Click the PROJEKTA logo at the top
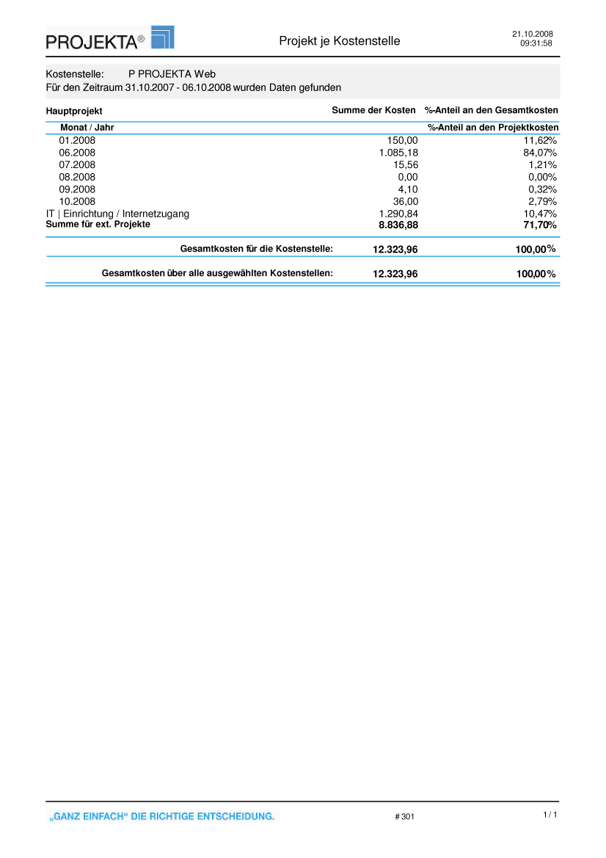point(109,38)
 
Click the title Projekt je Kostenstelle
point(339,41)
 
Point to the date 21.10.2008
point(532,34)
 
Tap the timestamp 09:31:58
point(536,43)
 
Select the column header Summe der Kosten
point(373,110)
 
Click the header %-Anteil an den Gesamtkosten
point(492,110)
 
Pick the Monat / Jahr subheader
point(87,128)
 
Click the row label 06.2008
point(77,153)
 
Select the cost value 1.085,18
point(398,153)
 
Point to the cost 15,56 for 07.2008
point(406,165)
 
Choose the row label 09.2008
point(77,189)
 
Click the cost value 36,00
point(406,201)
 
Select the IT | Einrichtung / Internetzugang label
point(117,214)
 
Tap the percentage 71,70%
point(540,225)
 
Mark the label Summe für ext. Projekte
point(98,224)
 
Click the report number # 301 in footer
point(404,816)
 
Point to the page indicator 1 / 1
point(550,815)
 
